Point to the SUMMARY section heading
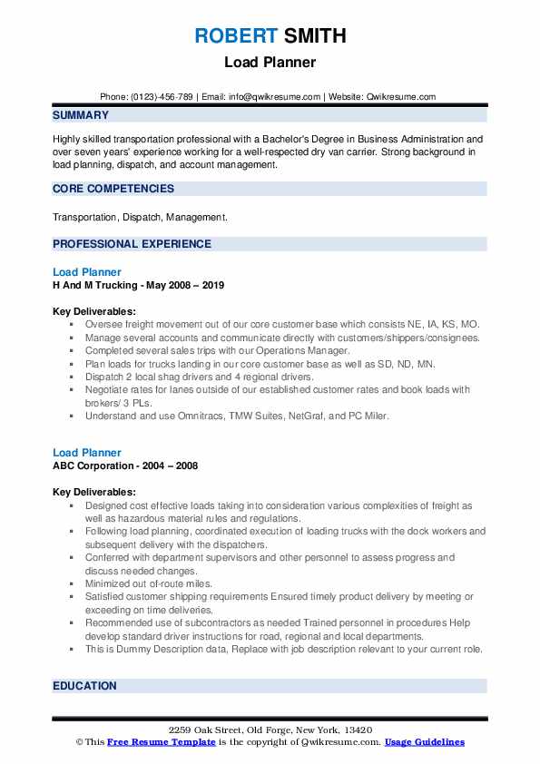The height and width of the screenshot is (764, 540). point(81,115)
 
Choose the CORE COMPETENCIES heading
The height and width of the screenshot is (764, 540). point(113,189)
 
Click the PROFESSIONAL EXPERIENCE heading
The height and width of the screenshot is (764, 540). point(132,244)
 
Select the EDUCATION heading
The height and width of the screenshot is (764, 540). point(84,686)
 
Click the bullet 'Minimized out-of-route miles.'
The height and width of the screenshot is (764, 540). point(149,583)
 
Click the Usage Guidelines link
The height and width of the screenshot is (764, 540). point(425,742)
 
